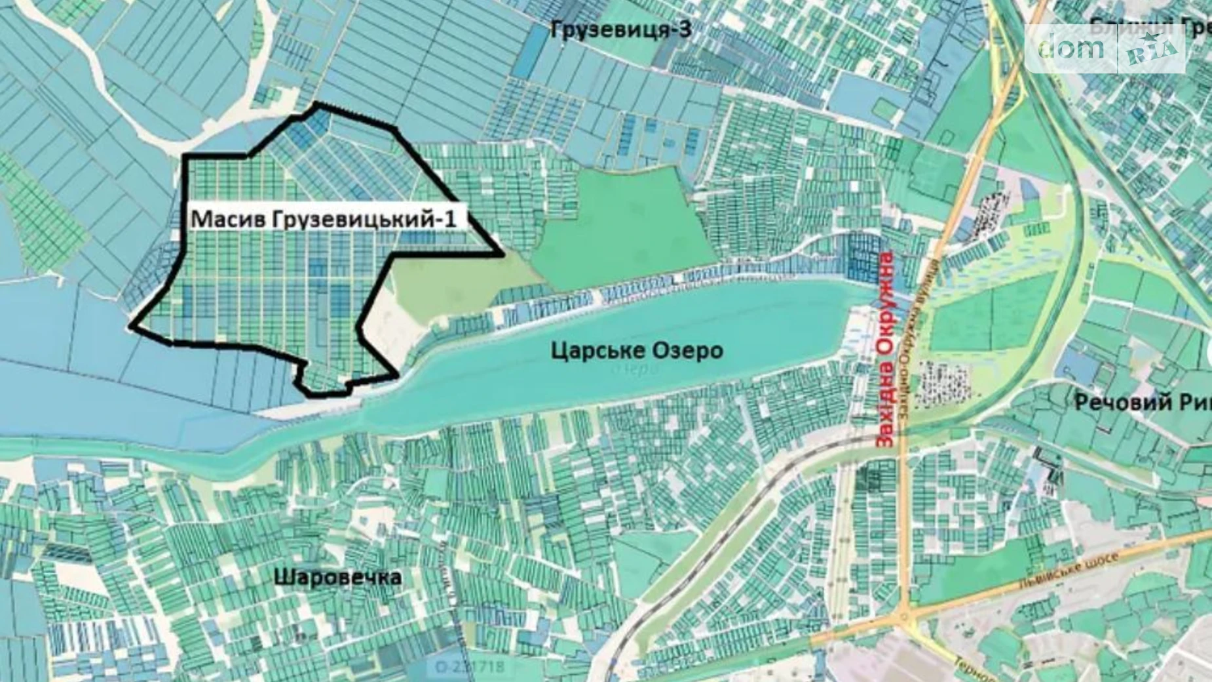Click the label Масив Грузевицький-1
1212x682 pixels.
(323, 218)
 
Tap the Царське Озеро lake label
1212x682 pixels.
(637, 350)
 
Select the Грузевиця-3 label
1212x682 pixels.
(620, 30)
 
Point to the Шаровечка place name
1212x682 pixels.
(337, 578)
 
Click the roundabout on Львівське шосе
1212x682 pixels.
(905, 617)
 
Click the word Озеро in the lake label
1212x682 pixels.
(689, 350)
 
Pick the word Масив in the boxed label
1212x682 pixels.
(220, 218)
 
